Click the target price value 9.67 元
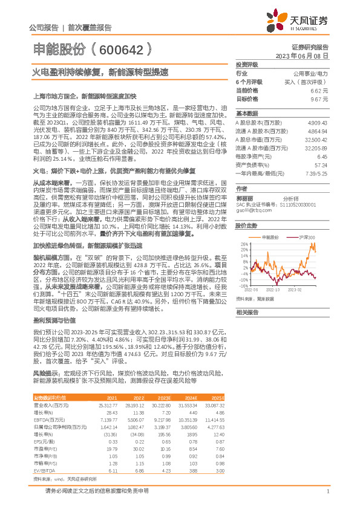tap(319, 98)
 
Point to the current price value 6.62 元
tap(319, 89)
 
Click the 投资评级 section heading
tap(247, 63)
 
